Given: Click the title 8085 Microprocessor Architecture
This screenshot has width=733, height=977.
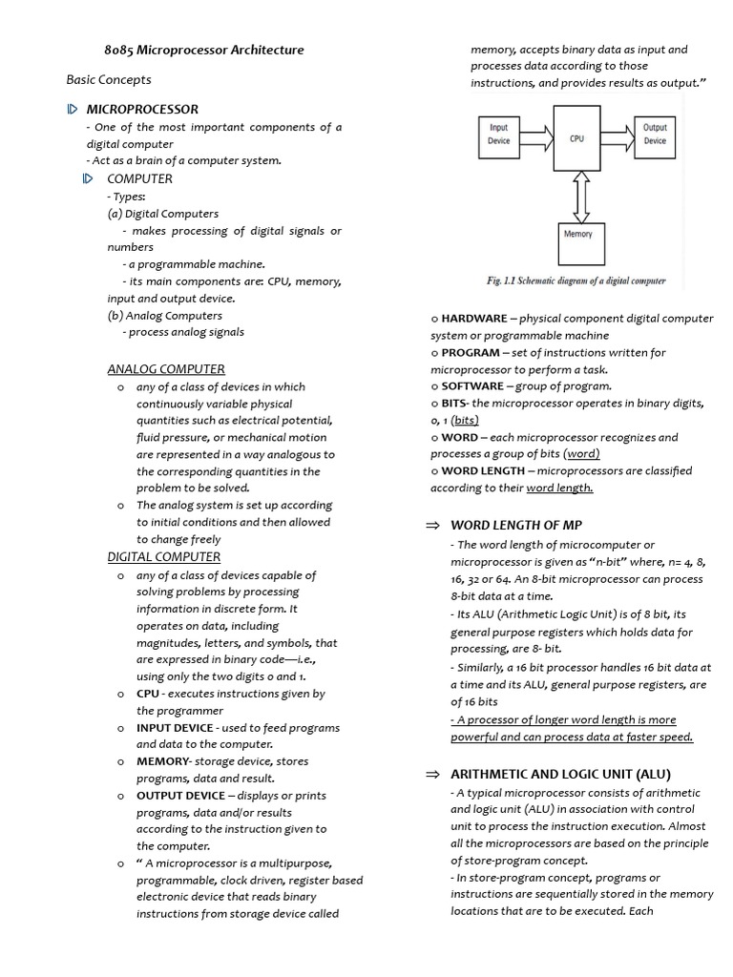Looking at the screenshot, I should (x=203, y=50).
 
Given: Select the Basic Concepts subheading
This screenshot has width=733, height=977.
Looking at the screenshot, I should (x=109, y=79).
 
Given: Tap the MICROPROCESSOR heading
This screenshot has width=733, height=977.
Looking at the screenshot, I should (x=142, y=110).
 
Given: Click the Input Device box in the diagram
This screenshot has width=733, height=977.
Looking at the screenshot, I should (x=499, y=134).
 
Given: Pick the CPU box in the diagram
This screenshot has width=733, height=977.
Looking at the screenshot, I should (x=577, y=139).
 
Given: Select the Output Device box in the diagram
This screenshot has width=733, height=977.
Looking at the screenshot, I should (x=655, y=134).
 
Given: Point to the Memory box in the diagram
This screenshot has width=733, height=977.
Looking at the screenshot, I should (x=577, y=235).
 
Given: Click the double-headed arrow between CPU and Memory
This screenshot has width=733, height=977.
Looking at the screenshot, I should (x=578, y=197).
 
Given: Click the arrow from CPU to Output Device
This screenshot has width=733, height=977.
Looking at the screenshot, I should (x=618, y=135).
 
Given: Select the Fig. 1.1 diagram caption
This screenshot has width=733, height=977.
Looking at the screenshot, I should (x=576, y=281).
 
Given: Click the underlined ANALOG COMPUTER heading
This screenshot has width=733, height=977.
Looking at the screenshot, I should (x=166, y=369).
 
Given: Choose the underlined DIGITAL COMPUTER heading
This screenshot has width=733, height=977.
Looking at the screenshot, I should (x=163, y=557).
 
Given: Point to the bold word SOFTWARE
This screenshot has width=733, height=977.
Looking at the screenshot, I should (x=472, y=386).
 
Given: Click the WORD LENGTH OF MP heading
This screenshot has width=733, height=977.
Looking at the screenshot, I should (x=516, y=525).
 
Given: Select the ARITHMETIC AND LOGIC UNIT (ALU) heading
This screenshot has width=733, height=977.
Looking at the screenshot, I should (x=560, y=774).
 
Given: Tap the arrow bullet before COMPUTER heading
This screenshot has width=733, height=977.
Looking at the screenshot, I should (x=89, y=178).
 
